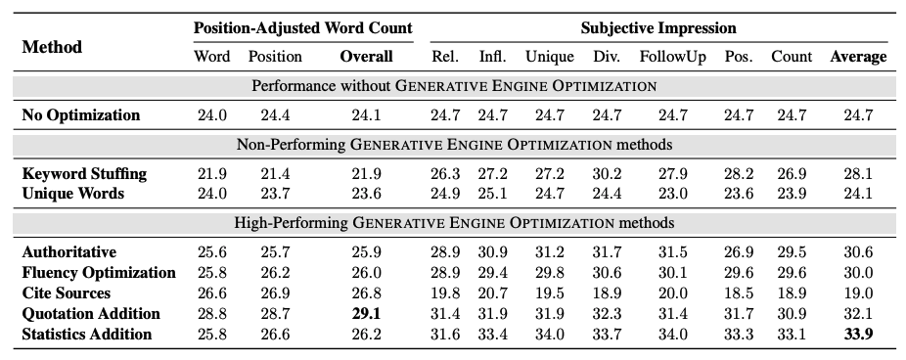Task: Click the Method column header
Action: (52, 46)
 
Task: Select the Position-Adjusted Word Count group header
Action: (303, 28)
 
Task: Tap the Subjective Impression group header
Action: (658, 28)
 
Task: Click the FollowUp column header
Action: (672, 57)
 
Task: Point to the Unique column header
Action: (549, 57)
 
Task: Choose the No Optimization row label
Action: (81, 115)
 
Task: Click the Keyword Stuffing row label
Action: (84, 174)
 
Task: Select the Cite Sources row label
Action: (67, 293)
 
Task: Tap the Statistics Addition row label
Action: (87, 335)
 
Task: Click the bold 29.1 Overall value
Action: (366, 314)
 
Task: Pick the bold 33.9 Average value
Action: (857, 335)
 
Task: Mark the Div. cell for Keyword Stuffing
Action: (607, 174)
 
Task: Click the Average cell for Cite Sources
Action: (857, 293)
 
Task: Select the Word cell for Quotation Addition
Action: (212, 314)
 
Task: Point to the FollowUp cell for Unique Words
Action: (672, 194)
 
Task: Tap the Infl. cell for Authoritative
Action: (492, 252)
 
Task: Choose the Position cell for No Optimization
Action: (275, 115)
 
